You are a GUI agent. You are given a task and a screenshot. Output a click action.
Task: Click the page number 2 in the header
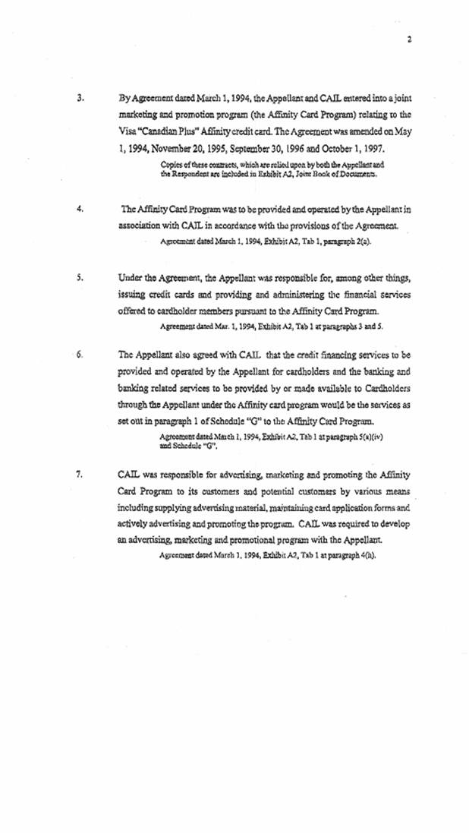pyautogui.click(x=408, y=39)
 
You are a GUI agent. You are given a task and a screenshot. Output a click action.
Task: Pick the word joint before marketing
pyautogui.click(x=399, y=99)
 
